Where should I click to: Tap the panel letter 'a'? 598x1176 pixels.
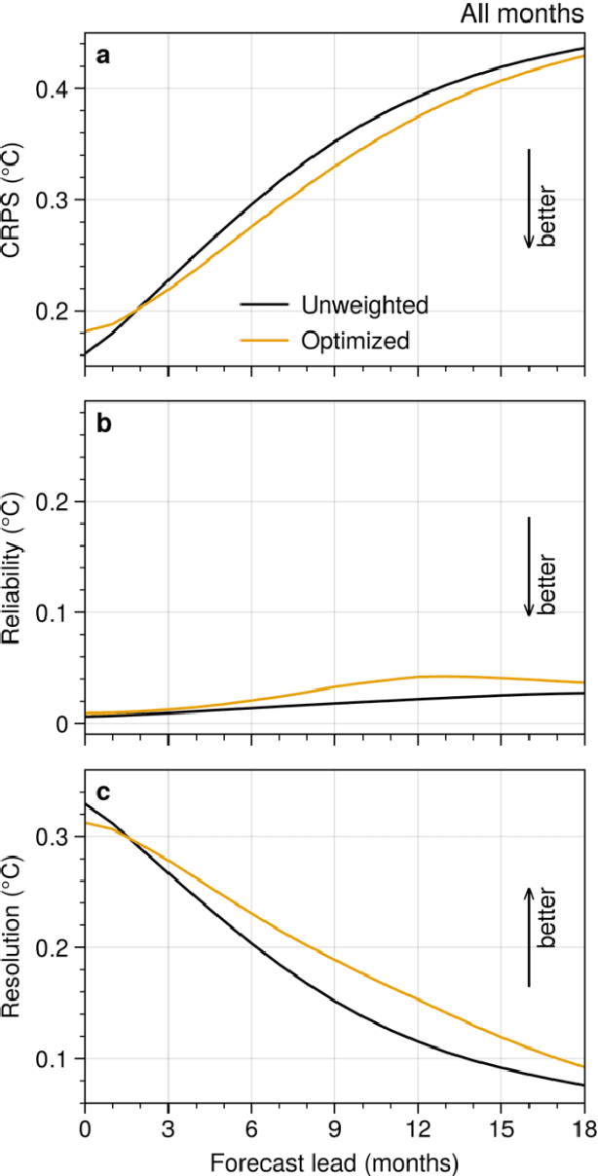pos(102,56)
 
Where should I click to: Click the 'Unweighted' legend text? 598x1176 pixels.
pos(364,305)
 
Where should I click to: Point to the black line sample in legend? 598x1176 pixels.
pos(264,305)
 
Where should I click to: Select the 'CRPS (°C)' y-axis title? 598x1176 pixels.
pos(14,200)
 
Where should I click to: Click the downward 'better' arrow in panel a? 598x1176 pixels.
pos(529,199)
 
